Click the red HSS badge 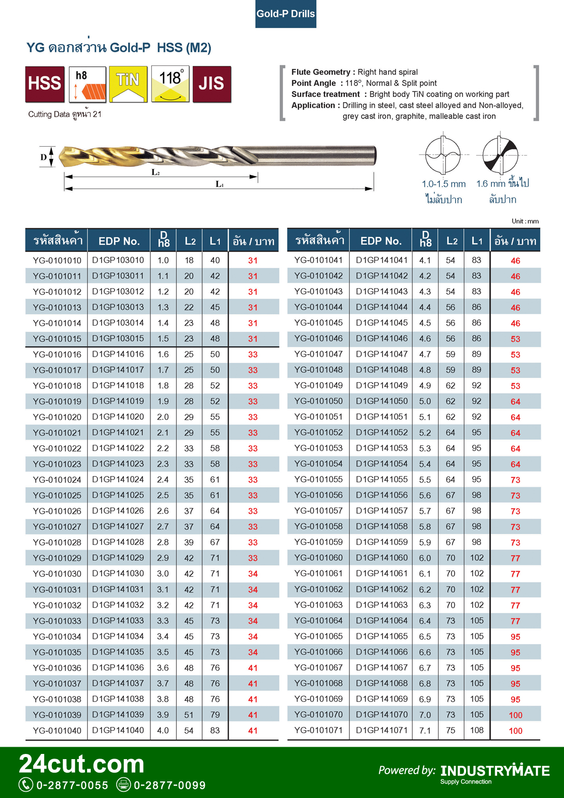tap(45, 83)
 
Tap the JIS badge tap(212, 83)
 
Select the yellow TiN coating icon tap(128, 83)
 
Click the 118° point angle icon tap(170, 83)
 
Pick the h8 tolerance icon tap(87, 83)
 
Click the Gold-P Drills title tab tap(286, 14)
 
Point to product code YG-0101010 tap(57, 260)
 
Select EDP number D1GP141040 tap(118, 730)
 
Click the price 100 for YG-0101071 tap(515, 731)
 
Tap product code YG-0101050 tap(318, 401)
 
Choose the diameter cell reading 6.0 tap(425, 558)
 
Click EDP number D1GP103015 tap(118, 339)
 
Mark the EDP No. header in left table tap(119, 241)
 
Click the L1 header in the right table tap(477, 241)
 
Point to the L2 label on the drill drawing tap(156, 172)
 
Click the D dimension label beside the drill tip tap(44, 157)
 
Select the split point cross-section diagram tap(500, 155)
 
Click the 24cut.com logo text tap(82, 764)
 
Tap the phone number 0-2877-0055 tap(72, 785)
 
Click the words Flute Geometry tap(320, 72)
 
